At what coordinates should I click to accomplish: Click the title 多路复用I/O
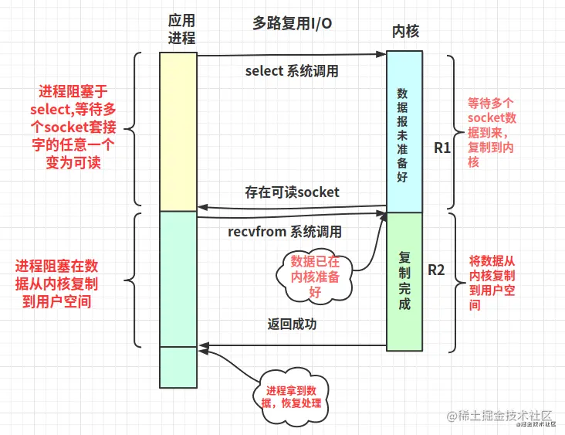(293, 23)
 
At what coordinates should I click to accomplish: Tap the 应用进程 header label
(180, 29)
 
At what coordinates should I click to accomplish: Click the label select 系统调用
(292, 71)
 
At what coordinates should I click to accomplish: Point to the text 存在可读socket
(292, 192)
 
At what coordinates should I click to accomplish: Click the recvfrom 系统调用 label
(285, 231)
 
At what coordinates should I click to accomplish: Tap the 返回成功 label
(292, 325)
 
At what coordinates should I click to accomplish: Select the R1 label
(442, 147)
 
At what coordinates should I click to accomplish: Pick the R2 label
(437, 270)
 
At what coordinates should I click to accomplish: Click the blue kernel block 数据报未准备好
(404, 131)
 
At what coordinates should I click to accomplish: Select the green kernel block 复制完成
(404, 279)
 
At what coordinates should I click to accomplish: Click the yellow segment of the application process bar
(178, 131)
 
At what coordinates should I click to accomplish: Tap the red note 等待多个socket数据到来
(490, 132)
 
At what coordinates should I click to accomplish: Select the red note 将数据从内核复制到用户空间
(492, 284)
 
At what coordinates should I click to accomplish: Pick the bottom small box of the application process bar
(178, 367)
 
